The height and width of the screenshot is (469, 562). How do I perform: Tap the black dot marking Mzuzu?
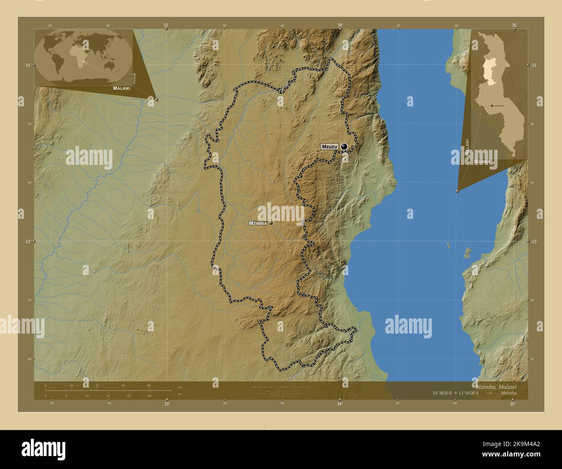(x=344, y=147)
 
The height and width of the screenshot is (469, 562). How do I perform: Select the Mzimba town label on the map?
(x=258, y=223)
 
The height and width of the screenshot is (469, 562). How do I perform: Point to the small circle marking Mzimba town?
(x=271, y=223)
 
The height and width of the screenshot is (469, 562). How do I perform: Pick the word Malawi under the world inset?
(x=121, y=88)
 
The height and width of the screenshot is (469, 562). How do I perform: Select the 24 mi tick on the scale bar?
(x=108, y=395)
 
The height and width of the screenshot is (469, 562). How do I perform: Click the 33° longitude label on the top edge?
(x=166, y=26)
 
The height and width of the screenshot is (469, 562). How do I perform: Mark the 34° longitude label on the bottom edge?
(x=340, y=404)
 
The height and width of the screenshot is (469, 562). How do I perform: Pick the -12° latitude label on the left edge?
(x=27, y=241)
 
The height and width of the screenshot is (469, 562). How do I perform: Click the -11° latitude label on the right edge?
(x=534, y=65)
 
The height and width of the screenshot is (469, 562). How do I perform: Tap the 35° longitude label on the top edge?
(x=514, y=26)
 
